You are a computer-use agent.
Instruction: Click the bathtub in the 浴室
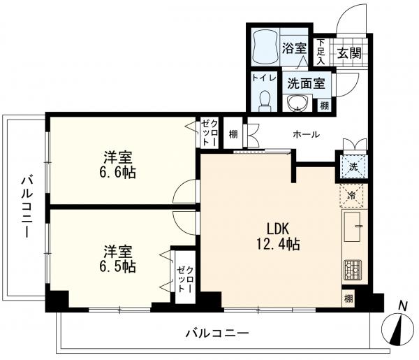coord(265,47)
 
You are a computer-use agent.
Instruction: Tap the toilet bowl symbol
coord(265,101)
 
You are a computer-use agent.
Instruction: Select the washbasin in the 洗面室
coord(297,103)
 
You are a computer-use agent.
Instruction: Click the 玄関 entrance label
coord(349,53)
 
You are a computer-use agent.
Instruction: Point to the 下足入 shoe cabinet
coord(321,52)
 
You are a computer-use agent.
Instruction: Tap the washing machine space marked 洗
coord(353,167)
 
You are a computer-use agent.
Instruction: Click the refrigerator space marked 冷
coord(351,196)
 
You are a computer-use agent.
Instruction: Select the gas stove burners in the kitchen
coord(353,270)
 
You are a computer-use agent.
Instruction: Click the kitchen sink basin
coord(353,226)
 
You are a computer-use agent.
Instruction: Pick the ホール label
coord(307,134)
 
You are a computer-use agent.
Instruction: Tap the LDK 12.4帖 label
coord(278,236)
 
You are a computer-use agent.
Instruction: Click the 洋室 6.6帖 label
coord(118,165)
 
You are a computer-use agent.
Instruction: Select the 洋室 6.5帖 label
coord(118,259)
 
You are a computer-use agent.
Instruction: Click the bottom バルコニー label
coord(217,333)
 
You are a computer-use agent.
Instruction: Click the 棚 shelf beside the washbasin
coord(324,106)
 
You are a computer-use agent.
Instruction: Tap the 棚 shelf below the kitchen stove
coord(348,298)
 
